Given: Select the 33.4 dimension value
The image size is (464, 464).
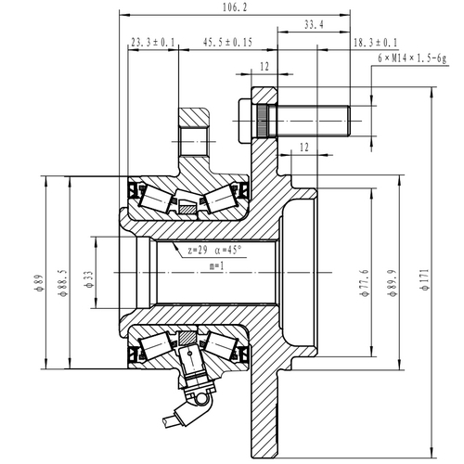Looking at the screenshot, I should (x=314, y=26).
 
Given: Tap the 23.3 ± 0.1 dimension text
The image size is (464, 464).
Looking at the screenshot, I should (x=153, y=43).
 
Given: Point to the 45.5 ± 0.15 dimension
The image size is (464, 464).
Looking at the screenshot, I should (x=227, y=43).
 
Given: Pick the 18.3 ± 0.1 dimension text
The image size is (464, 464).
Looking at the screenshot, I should (x=375, y=43).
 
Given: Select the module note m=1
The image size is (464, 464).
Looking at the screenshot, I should (x=217, y=266).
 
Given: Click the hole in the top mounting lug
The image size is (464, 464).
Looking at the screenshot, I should (x=196, y=138).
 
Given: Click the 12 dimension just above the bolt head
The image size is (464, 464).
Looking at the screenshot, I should (x=264, y=68).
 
